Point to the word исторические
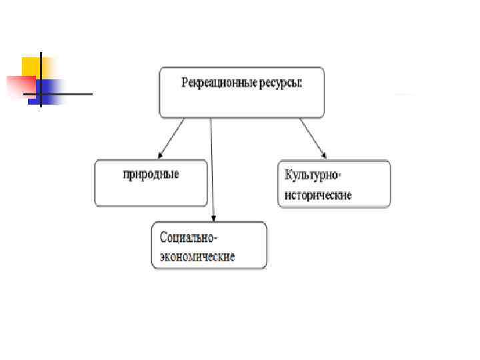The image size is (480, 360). [318, 195]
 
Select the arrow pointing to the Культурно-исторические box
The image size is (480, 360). [313, 139]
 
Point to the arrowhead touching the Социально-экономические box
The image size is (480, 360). [213, 217]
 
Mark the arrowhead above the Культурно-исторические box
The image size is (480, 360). [324, 156]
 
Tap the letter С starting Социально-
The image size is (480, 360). [164, 237]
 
